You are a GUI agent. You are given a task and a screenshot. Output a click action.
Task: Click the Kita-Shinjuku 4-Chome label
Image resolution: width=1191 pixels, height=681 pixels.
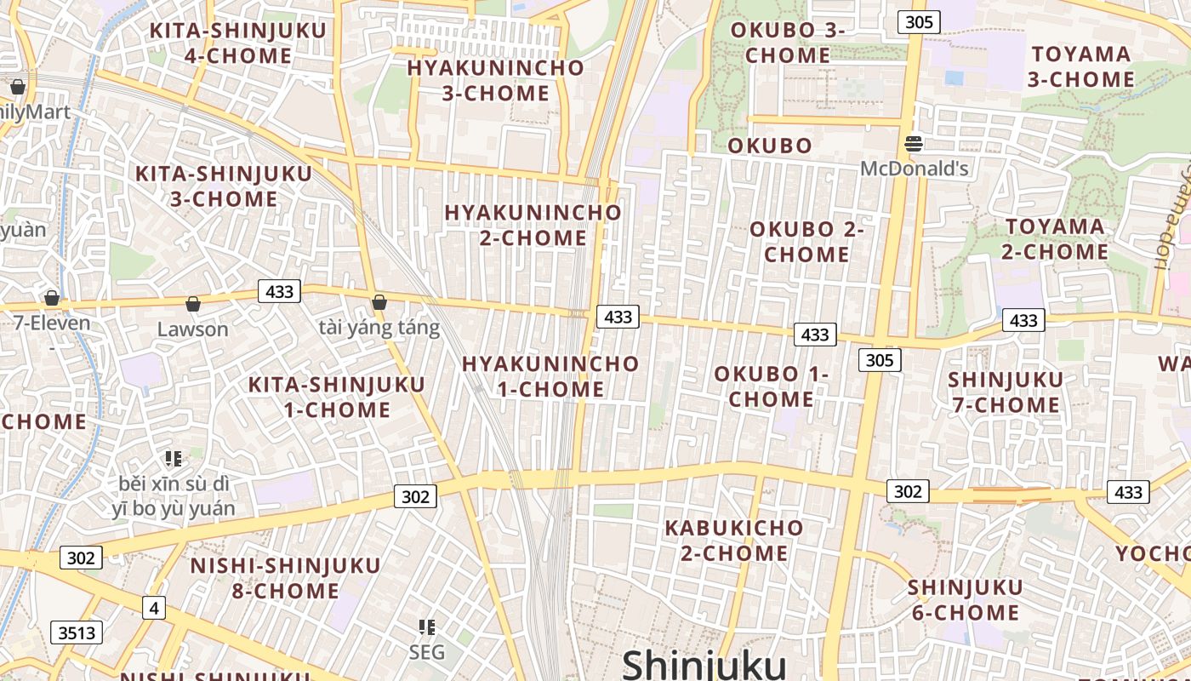(x=238, y=43)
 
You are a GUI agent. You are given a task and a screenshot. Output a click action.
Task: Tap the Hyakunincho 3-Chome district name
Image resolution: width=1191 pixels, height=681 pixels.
(x=495, y=80)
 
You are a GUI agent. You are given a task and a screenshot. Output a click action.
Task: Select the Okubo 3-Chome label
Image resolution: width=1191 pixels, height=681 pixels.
(x=787, y=43)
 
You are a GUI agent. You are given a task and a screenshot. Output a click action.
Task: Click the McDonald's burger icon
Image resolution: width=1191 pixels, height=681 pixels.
(x=914, y=144)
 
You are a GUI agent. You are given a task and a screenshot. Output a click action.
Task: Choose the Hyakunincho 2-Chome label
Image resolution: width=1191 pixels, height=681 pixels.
(x=533, y=225)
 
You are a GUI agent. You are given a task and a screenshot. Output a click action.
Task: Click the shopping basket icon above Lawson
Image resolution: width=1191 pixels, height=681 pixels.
(x=193, y=304)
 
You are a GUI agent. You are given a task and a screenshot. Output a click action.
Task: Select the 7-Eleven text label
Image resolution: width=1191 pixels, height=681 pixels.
(x=52, y=323)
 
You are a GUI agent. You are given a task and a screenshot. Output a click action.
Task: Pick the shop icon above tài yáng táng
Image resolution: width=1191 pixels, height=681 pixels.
(x=379, y=302)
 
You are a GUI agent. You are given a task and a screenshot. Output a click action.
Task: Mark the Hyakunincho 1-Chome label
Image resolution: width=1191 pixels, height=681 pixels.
(x=550, y=376)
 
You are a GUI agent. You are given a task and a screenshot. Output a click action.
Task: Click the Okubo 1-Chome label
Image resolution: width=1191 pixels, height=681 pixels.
(x=771, y=386)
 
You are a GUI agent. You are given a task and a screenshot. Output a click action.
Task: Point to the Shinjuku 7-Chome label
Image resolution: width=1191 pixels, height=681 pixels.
(x=1006, y=392)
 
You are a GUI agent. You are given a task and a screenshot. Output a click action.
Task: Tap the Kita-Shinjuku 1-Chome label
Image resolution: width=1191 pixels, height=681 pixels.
(x=336, y=397)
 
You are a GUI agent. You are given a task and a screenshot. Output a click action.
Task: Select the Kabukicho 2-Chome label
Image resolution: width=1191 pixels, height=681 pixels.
(x=733, y=541)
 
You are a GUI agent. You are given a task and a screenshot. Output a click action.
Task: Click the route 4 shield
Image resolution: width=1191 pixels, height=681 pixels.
(x=153, y=608)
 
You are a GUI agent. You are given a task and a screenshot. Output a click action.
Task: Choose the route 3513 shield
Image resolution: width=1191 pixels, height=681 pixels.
(x=77, y=632)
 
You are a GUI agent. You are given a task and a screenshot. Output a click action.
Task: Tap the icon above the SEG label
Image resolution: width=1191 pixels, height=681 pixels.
(x=427, y=628)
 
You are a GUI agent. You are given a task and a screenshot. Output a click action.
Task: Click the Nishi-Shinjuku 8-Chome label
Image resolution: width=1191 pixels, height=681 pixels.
(x=285, y=578)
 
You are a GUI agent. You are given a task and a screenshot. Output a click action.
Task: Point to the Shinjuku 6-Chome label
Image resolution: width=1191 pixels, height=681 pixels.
(x=965, y=600)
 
